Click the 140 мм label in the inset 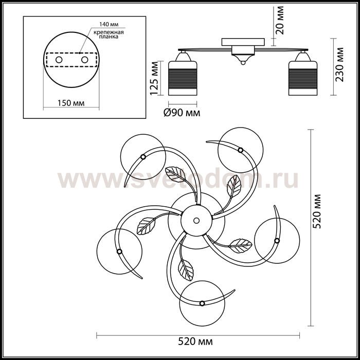(109, 24)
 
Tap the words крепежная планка (109, 34)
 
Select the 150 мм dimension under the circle (71, 103)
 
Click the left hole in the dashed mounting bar (59, 60)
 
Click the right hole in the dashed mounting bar (84, 60)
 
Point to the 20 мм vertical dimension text (280, 20)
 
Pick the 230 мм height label (339, 64)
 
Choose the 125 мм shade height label (154, 78)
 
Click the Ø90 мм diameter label (182, 113)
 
